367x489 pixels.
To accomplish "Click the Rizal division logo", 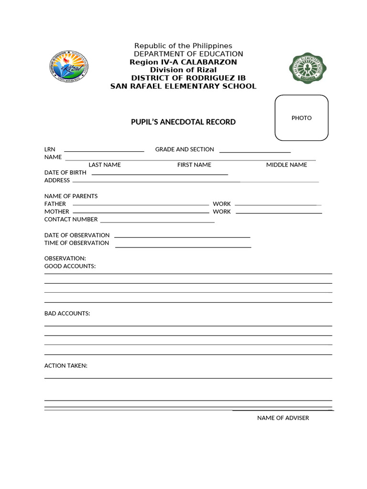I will click(69, 67).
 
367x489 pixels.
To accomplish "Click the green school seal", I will click(309, 68).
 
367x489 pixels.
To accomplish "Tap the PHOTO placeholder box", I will click(302, 118).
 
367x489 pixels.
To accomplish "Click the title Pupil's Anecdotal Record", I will click(183, 122).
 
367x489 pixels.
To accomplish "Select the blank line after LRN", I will click(104, 151).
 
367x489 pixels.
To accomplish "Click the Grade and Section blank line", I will click(255, 152).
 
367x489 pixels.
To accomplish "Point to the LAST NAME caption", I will click(105, 165).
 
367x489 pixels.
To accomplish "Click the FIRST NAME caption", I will click(194, 165).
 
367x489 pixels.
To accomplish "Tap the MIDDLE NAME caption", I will click(287, 165).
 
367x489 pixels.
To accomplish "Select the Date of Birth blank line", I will click(160, 175).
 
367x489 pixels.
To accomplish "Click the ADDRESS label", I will click(57, 181).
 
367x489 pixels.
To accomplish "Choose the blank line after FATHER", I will click(140, 205).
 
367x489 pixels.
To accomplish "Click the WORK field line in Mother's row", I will click(279, 213).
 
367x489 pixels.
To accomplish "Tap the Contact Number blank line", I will click(157, 222).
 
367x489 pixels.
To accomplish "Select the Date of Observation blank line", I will click(182, 237).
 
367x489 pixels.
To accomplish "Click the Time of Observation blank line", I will click(183, 247).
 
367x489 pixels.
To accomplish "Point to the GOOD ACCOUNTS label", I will click(70, 266).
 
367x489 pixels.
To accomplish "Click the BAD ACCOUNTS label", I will click(67, 313).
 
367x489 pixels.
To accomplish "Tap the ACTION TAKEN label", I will click(66, 366).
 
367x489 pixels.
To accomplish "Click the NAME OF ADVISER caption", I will click(283, 418).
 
